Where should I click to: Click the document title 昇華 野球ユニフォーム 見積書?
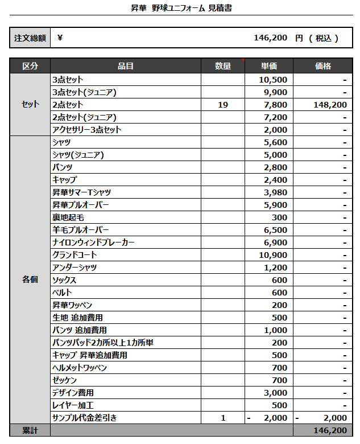point(180,8)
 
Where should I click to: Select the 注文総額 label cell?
point(30,38)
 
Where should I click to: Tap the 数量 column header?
point(223,66)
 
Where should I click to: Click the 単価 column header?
point(269,66)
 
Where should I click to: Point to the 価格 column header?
point(322,66)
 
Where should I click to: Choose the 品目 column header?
point(126,66)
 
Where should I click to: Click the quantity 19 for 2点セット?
point(223,105)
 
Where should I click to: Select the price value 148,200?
point(330,105)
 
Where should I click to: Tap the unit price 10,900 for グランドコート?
point(274,255)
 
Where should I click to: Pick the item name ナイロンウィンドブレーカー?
point(93,242)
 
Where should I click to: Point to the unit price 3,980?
point(276,192)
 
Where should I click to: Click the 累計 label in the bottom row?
point(30,431)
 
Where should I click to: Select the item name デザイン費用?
point(73,393)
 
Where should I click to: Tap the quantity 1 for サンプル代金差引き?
point(223,418)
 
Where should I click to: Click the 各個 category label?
point(30,279)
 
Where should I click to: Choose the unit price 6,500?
point(276,230)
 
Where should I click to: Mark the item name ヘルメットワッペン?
point(80,368)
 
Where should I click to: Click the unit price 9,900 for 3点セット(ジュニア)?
point(276,92)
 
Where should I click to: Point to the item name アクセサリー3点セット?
point(87,130)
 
